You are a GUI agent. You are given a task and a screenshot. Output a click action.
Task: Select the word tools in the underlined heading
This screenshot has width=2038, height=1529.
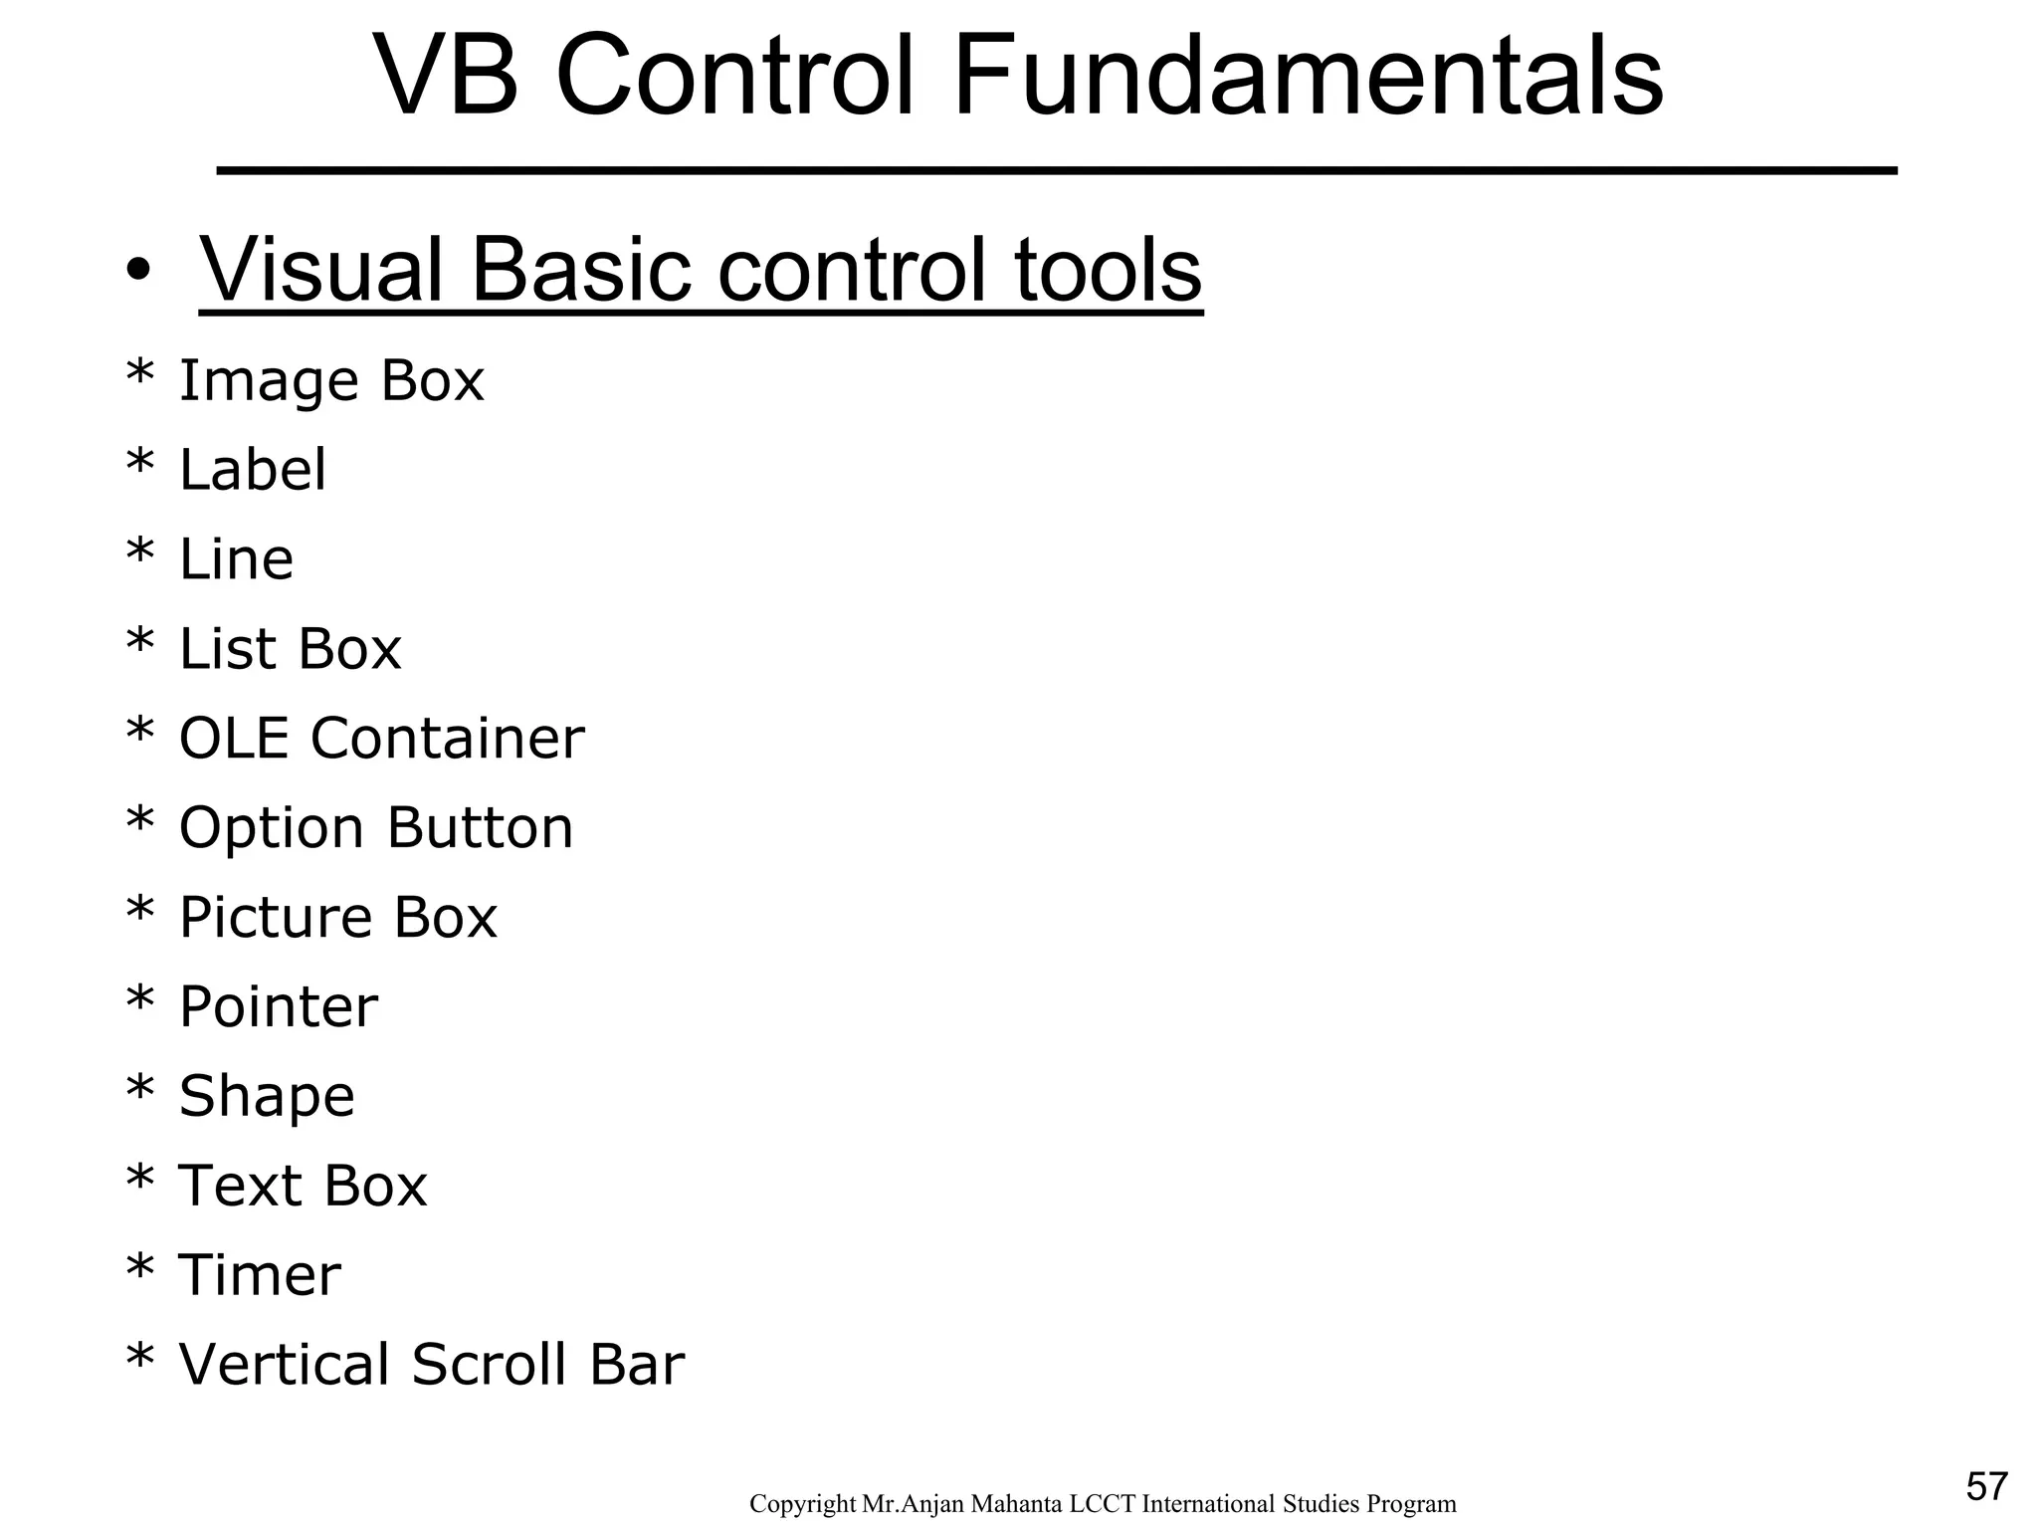(1108, 271)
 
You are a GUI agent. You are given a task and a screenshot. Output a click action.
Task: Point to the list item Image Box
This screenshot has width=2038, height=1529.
(330, 380)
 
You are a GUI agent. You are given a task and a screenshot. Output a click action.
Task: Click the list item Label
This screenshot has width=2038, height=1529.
(252, 470)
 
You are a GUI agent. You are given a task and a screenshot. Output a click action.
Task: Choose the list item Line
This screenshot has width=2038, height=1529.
(236, 559)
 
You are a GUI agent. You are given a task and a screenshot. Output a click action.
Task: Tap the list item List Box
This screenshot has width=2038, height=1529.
(290, 649)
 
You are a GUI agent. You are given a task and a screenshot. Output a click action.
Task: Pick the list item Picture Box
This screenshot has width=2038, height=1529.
(337, 918)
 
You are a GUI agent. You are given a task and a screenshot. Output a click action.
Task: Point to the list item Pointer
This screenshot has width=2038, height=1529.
(278, 1007)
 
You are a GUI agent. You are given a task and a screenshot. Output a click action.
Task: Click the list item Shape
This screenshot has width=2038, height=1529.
(266, 1097)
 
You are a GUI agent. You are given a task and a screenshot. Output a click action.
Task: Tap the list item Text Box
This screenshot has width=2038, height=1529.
(303, 1187)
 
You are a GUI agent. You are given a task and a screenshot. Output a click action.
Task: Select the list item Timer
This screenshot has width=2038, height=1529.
(259, 1276)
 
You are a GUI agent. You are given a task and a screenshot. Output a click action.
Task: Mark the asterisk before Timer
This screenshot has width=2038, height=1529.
(140, 1271)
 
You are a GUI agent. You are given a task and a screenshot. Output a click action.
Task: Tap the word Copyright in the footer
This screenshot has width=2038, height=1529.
(803, 1504)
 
